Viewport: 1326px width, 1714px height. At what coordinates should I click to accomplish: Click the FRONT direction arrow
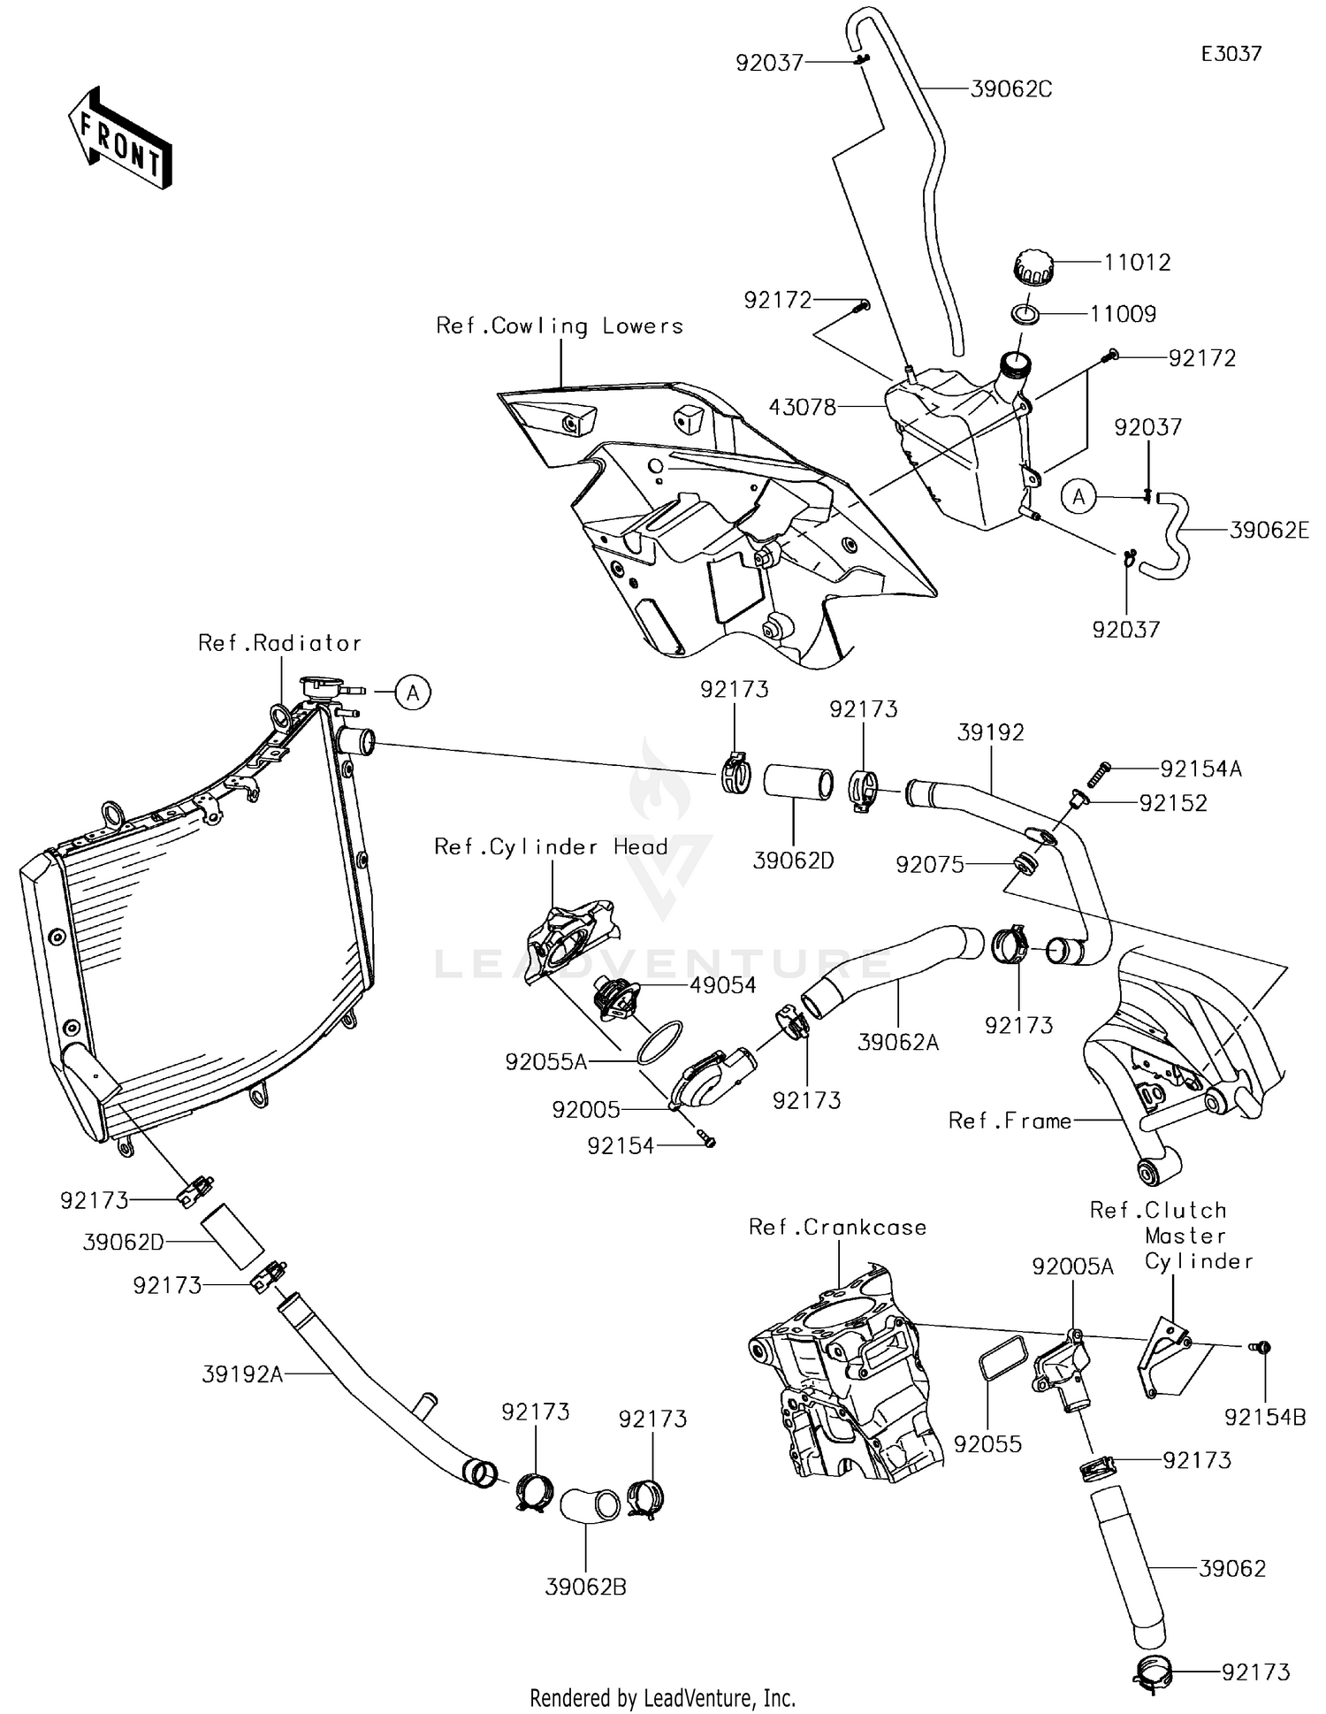click(119, 138)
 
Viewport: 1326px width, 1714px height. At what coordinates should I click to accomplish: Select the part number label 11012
click(1137, 263)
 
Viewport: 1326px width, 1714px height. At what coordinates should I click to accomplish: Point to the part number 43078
click(803, 408)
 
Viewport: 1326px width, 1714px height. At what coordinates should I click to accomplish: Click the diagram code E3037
click(1231, 54)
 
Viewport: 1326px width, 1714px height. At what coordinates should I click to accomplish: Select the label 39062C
click(1011, 89)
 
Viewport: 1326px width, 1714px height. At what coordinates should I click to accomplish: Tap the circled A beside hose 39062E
click(1078, 497)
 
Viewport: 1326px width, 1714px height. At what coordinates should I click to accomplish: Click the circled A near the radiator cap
click(413, 692)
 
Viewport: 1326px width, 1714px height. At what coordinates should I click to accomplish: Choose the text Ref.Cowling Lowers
click(560, 326)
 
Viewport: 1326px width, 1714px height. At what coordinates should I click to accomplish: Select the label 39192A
click(242, 1374)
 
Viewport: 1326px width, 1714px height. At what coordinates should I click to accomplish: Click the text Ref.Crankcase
click(837, 1227)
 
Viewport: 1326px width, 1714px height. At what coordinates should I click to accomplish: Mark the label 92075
click(930, 865)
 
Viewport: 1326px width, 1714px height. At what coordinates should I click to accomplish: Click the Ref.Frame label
click(1010, 1121)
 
